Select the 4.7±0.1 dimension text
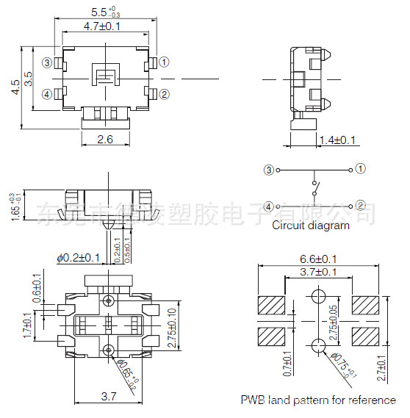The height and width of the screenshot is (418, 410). pos(102,26)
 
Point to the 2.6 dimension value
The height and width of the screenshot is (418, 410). pos(105,140)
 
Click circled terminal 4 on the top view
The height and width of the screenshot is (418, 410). pos(47,94)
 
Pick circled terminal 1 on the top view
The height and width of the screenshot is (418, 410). pos(165,62)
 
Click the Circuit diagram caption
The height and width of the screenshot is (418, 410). pos(311,226)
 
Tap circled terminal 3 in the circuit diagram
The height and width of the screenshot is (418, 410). pos(269,170)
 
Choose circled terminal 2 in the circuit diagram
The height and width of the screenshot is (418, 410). pos(360,205)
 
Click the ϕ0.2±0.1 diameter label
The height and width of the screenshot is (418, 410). pos(78,257)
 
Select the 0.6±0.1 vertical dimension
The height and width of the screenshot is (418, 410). pos(36,287)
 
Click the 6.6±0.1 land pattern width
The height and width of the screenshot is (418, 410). pos(318,259)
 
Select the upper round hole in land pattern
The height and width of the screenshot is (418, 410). pos(318,296)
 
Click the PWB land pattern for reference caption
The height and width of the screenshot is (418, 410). pos(318,400)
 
